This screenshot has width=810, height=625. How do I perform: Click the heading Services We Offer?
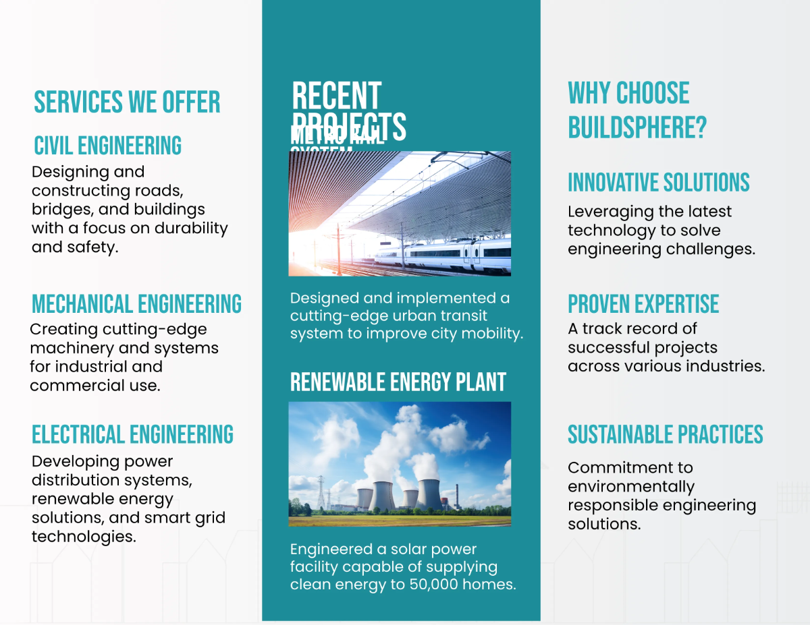pos(127,102)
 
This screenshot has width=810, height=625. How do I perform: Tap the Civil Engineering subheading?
pos(107,146)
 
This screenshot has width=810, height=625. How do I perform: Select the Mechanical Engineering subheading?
pos(136,304)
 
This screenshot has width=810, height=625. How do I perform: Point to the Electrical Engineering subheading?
pos(132,434)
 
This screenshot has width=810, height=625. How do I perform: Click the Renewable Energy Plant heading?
pos(398,382)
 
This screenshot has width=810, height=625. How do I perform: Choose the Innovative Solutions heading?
pos(658,183)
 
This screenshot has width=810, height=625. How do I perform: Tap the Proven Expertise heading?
pos(643,304)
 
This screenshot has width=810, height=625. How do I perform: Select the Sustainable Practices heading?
pos(665,435)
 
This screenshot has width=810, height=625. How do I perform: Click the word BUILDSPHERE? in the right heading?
pos(637,127)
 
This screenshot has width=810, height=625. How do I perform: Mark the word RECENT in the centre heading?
pos(336,96)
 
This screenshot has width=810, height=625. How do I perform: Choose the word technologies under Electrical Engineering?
pos(83,537)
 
